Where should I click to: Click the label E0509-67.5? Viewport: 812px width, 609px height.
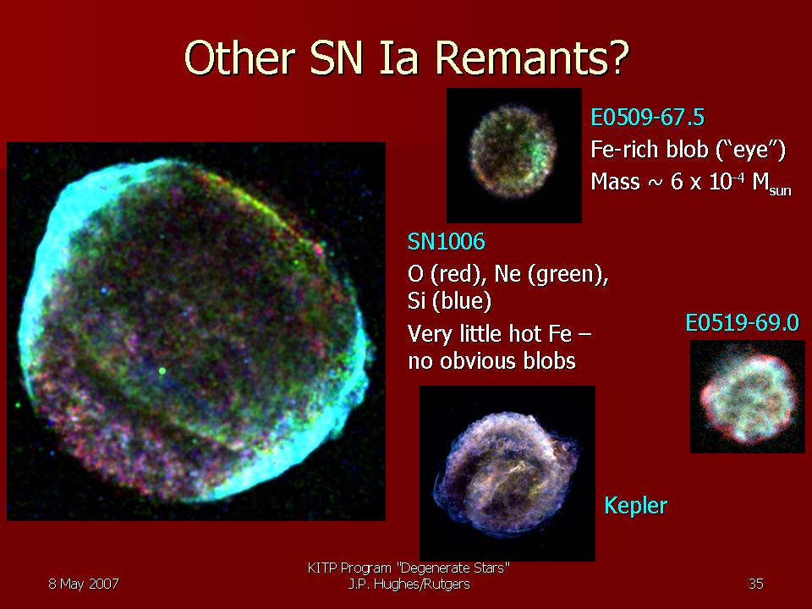pyautogui.click(x=647, y=118)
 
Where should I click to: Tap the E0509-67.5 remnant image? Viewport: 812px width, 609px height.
pyautogui.click(x=513, y=156)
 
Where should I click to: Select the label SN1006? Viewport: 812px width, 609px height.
pyautogui.click(x=447, y=242)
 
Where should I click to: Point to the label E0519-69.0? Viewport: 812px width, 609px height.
pyautogui.click(x=742, y=322)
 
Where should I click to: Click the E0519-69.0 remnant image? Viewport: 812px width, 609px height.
pyautogui.click(x=747, y=397)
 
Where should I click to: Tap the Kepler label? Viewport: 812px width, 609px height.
pyautogui.click(x=636, y=506)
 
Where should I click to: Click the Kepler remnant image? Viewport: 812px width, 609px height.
pyautogui.click(x=507, y=474)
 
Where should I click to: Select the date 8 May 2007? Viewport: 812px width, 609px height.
pyautogui.click(x=84, y=584)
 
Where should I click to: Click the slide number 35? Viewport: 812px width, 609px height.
pyautogui.click(x=756, y=584)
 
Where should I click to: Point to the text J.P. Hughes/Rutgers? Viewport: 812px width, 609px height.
pyautogui.click(x=409, y=584)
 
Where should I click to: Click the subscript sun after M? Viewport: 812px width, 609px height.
pyautogui.click(x=780, y=190)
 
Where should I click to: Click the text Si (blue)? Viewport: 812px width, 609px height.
pyautogui.click(x=449, y=301)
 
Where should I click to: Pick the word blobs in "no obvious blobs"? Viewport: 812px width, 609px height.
pyautogui.click(x=550, y=361)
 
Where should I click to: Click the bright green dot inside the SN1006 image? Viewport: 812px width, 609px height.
pyautogui.click(x=162, y=370)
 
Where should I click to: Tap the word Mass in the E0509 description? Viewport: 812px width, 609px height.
pyautogui.click(x=615, y=182)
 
